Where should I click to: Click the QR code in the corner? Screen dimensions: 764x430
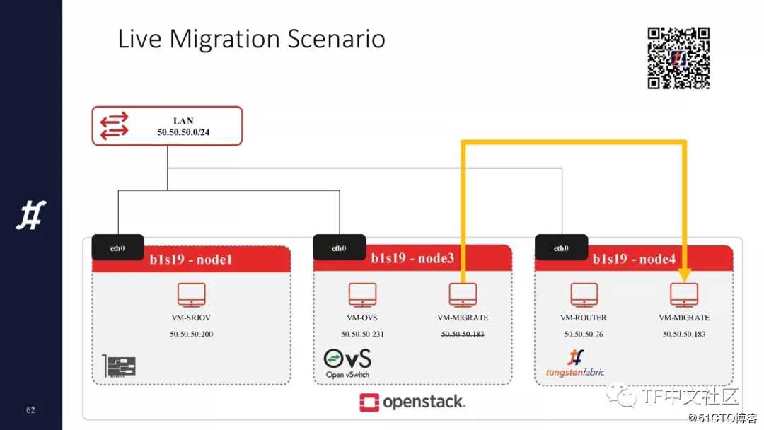(x=678, y=58)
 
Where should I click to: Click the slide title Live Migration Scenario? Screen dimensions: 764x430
(x=251, y=38)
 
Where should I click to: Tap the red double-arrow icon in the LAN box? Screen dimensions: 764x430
(x=114, y=126)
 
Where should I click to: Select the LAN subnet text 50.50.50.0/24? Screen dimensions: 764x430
(x=183, y=132)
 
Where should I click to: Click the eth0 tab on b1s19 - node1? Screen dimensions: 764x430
(x=117, y=248)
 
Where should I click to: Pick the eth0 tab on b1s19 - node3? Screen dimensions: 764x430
(x=339, y=248)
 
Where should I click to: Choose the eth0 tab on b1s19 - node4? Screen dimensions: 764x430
(x=561, y=248)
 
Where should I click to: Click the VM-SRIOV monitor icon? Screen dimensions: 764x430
(x=192, y=295)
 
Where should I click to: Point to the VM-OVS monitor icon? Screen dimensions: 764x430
(x=362, y=295)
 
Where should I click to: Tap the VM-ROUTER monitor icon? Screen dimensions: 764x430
(x=584, y=295)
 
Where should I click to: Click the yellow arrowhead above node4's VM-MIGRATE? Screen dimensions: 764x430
(x=684, y=275)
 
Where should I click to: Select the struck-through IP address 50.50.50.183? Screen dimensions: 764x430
(x=463, y=334)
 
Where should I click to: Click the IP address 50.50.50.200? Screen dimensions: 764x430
(x=192, y=334)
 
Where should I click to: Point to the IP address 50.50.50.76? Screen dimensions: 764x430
(x=584, y=334)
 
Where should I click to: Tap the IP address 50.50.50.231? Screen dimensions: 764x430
(x=362, y=334)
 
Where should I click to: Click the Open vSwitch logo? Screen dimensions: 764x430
(x=347, y=364)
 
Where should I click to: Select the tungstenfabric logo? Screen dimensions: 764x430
(x=575, y=364)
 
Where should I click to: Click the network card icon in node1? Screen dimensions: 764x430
(x=119, y=365)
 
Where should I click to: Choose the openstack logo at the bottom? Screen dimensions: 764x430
(x=412, y=402)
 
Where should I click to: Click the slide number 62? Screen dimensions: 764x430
(x=30, y=410)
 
